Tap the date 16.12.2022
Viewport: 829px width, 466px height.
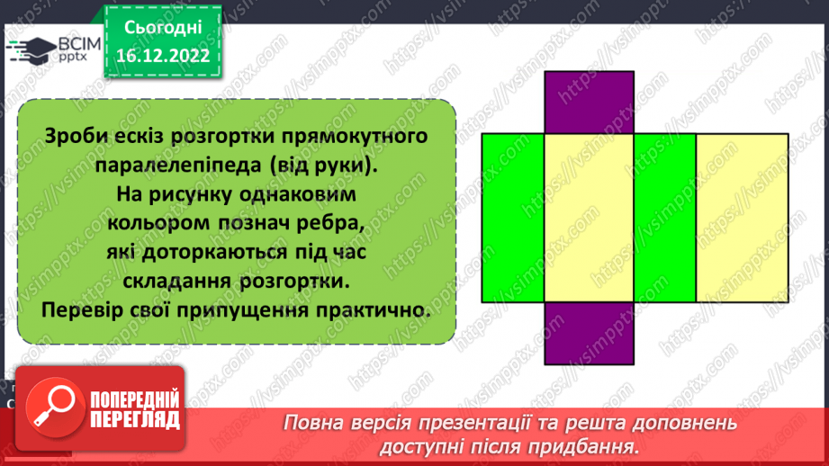coord(162,54)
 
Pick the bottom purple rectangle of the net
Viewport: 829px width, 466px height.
coord(590,334)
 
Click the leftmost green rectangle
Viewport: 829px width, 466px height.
coord(513,218)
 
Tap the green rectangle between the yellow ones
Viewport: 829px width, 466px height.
coord(664,218)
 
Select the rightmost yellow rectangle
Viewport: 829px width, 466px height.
coord(742,218)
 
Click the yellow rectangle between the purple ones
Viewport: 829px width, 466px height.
coord(590,218)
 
